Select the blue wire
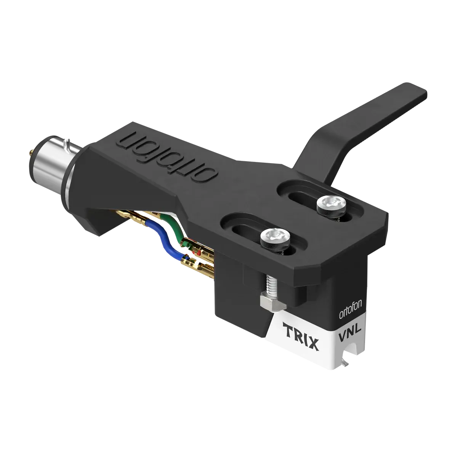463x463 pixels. [171, 244]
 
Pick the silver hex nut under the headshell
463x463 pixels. [269, 303]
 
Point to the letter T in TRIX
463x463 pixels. [288, 327]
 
